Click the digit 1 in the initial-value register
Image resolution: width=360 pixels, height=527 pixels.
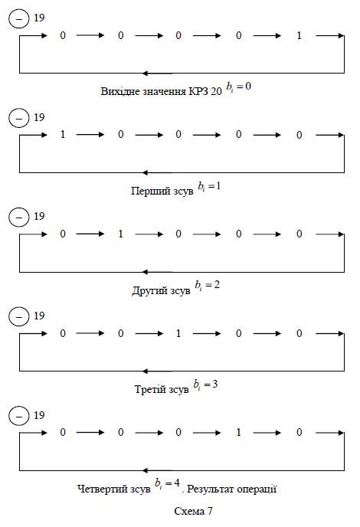coord(299,36)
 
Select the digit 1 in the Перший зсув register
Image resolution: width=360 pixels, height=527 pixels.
coord(63,135)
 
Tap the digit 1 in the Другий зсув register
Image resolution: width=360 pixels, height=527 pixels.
coord(121,234)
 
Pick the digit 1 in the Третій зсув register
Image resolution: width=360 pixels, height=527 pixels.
coord(178,333)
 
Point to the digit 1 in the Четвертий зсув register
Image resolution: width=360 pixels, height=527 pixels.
coord(239,432)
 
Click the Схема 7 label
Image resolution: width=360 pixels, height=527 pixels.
coord(193,511)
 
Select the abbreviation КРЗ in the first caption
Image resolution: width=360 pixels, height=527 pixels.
coord(198,91)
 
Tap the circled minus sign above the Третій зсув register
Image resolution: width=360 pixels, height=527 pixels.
coord(19,316)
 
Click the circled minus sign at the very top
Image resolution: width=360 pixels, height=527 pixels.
coord(19,18)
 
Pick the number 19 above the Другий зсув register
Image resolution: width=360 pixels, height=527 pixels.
coord(39,216)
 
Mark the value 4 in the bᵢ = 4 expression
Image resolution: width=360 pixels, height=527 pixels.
coord(176,483)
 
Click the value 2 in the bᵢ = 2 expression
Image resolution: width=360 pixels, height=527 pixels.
coord(217,285)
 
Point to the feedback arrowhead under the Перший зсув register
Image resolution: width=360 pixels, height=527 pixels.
coord(145,173)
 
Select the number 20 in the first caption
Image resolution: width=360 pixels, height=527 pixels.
coord(217,91)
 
